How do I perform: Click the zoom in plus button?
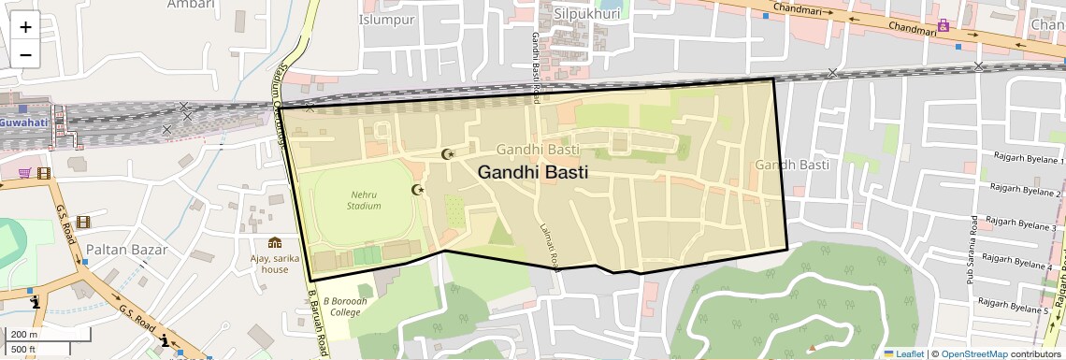(x=25, y=26)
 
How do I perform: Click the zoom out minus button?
(x=25, y=54)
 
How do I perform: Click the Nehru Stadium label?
(x=364, y=199)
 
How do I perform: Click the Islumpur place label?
(x=386, y=19)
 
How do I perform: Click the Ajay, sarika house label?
(x=275, y=263)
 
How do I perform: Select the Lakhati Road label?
(x=548, y=246)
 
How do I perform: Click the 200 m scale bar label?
(x=25, y=334)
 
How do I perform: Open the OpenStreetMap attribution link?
(x=973, y=353)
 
